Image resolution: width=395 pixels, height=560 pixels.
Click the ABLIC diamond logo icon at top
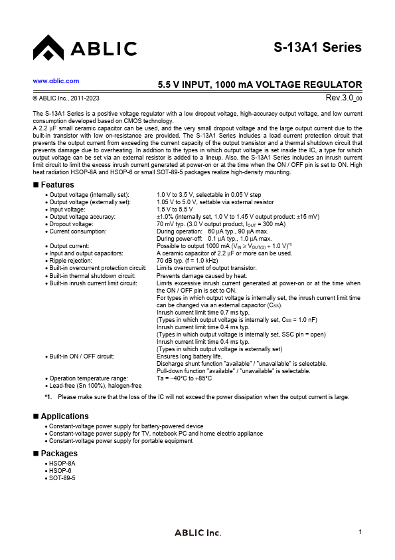(48, 48)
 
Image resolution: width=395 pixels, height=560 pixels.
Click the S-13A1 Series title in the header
(317, 47)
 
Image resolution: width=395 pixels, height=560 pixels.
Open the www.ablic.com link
(56, 80)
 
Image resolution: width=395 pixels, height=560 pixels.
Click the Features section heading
(57, 184)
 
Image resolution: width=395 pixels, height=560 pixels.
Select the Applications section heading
(64, 416)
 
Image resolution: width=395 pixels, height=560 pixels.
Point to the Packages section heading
(59, 453)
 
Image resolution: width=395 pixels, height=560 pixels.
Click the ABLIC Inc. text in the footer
(197, 533)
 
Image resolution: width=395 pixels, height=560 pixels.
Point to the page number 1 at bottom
(359, 531)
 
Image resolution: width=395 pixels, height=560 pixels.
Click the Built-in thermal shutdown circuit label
(98, 275)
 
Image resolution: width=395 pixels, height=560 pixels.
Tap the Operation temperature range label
(88, 378)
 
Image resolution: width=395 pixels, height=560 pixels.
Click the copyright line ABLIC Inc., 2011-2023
(64, 98)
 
